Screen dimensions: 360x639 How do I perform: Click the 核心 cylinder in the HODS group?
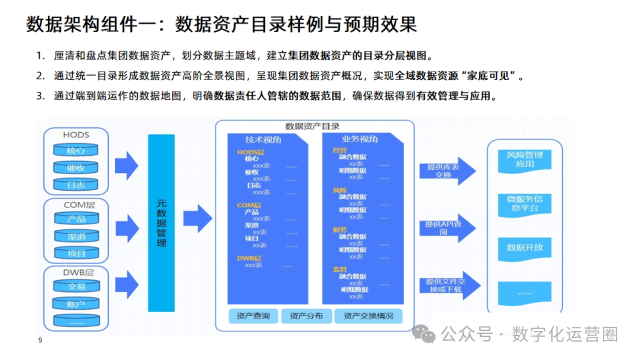coord(76,150)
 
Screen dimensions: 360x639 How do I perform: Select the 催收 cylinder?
coord(76,168)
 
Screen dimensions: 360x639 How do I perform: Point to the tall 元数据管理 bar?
coord(161,223)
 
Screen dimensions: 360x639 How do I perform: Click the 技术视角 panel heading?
coord(263,140)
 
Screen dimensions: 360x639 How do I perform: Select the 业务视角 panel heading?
coord(359,139)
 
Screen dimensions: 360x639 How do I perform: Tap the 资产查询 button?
coord(253,316)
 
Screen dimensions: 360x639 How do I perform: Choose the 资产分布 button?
coord(306,316)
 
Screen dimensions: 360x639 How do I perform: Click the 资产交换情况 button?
coord(368,316)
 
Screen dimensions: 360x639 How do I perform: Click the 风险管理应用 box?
coord(524,159)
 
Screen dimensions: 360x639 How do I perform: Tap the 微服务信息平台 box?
coord(524,203)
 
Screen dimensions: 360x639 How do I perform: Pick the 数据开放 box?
coord(524,247)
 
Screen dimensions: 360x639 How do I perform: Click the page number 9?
coord(40,340)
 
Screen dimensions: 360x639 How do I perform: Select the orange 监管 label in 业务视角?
coord(340,269)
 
